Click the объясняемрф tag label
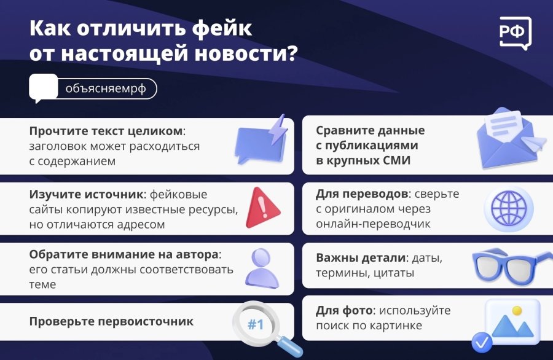point(106,88)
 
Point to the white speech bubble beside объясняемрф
point(42,88)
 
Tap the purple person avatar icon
point(262,268)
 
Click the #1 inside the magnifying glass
point(255,324)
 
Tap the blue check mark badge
point(481,341)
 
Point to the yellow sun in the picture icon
point(517,311)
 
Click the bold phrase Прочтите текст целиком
point(106,131)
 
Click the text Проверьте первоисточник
point(111,321)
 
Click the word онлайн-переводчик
point(373,224)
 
